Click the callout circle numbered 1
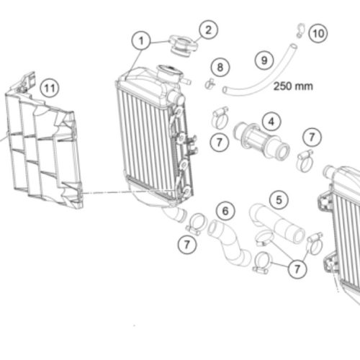point(141,41)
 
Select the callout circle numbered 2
point(208,30)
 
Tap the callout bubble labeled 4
point(271,122)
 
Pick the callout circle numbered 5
point(279,199)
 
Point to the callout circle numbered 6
point(225,211)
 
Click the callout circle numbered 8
point(220,67)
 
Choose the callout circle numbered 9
point(264,60)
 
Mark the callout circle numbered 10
point(318,33)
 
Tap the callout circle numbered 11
point(50,88)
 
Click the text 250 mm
point(293,86)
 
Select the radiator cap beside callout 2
point(183,45)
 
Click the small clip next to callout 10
point(300,30)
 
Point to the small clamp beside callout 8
point(210,83)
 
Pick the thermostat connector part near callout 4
point(261,142)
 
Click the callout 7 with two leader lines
point(297,269)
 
